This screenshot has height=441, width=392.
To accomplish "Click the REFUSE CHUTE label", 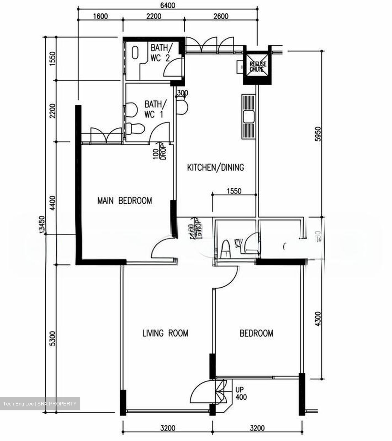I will (258, 67).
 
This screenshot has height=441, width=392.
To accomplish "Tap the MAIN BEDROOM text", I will (125, 201).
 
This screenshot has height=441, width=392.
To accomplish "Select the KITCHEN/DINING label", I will (216, 168).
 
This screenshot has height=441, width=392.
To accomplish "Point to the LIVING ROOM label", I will (165, 333).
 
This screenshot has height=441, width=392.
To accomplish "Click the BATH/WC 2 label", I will (160, 53).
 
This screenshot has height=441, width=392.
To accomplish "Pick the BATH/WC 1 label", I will (154, 109).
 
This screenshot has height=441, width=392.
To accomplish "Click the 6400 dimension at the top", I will (167, 6).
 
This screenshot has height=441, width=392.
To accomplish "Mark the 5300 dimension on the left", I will (53, 338).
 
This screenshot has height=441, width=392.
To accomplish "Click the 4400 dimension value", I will (53, 203).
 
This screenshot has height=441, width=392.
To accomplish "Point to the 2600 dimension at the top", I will (221, 16).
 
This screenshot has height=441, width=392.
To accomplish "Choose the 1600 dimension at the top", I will (100, 16).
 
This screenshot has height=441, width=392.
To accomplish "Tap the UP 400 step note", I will (241, 394).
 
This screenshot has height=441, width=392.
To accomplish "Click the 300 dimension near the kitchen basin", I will (183, 93).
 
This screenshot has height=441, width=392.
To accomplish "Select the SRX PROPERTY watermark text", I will (58, 404).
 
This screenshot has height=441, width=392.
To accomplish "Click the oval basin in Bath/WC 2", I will (135, 53).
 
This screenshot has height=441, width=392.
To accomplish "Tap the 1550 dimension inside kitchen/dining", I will (234, 191).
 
